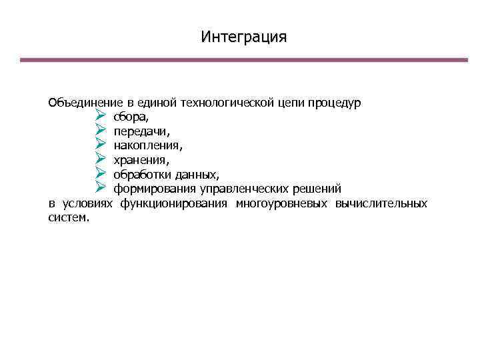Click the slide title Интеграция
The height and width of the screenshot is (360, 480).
(244, 36)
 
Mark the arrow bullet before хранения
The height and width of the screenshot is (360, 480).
(101, 159)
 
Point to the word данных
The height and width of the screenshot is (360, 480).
(195, 175)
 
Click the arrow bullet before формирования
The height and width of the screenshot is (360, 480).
(101, 189)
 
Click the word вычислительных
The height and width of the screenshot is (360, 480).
(382, 203)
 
